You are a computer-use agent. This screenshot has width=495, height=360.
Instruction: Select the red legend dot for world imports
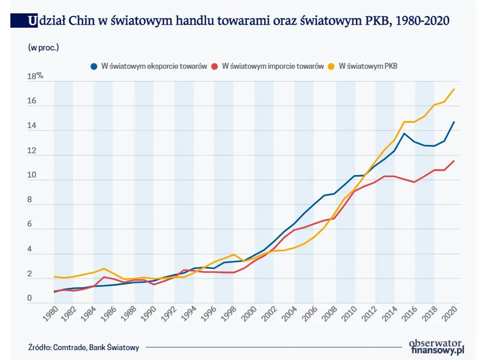[x=214, y=66]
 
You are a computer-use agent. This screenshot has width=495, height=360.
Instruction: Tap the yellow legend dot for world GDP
[x=331, y=66]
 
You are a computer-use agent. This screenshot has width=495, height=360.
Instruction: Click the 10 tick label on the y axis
[x=32, y=176]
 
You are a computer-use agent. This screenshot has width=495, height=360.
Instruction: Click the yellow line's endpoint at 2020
[x=454, y=89]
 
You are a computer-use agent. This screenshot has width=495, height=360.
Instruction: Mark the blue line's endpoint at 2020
[x=454, y=122]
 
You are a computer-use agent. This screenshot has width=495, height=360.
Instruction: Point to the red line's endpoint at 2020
[x=454, y=161]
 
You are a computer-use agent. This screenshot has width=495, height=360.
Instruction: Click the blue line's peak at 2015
[x=404, y=133]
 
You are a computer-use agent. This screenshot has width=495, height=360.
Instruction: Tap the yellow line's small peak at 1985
[x=104, y=269]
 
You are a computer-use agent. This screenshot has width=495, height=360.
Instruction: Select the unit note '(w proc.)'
[x=43, y=47]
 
